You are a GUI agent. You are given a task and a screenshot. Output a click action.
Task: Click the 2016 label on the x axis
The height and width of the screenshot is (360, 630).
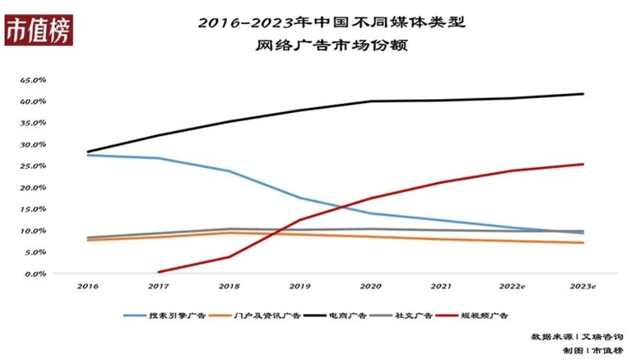point(87,286)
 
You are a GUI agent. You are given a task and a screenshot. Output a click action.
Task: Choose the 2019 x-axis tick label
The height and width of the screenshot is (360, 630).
point(301,286)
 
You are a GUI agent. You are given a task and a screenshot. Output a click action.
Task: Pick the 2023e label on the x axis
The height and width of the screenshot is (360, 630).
point(583,286)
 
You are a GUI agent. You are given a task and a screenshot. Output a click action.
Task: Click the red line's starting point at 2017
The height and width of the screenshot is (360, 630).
point(159,272)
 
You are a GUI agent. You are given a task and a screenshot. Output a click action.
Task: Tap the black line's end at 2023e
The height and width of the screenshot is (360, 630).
point(583,94)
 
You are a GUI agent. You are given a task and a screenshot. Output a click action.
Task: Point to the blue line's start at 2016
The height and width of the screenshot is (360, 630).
point(87,155)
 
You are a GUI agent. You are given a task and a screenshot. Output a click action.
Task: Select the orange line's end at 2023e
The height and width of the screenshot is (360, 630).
point(583,243)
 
